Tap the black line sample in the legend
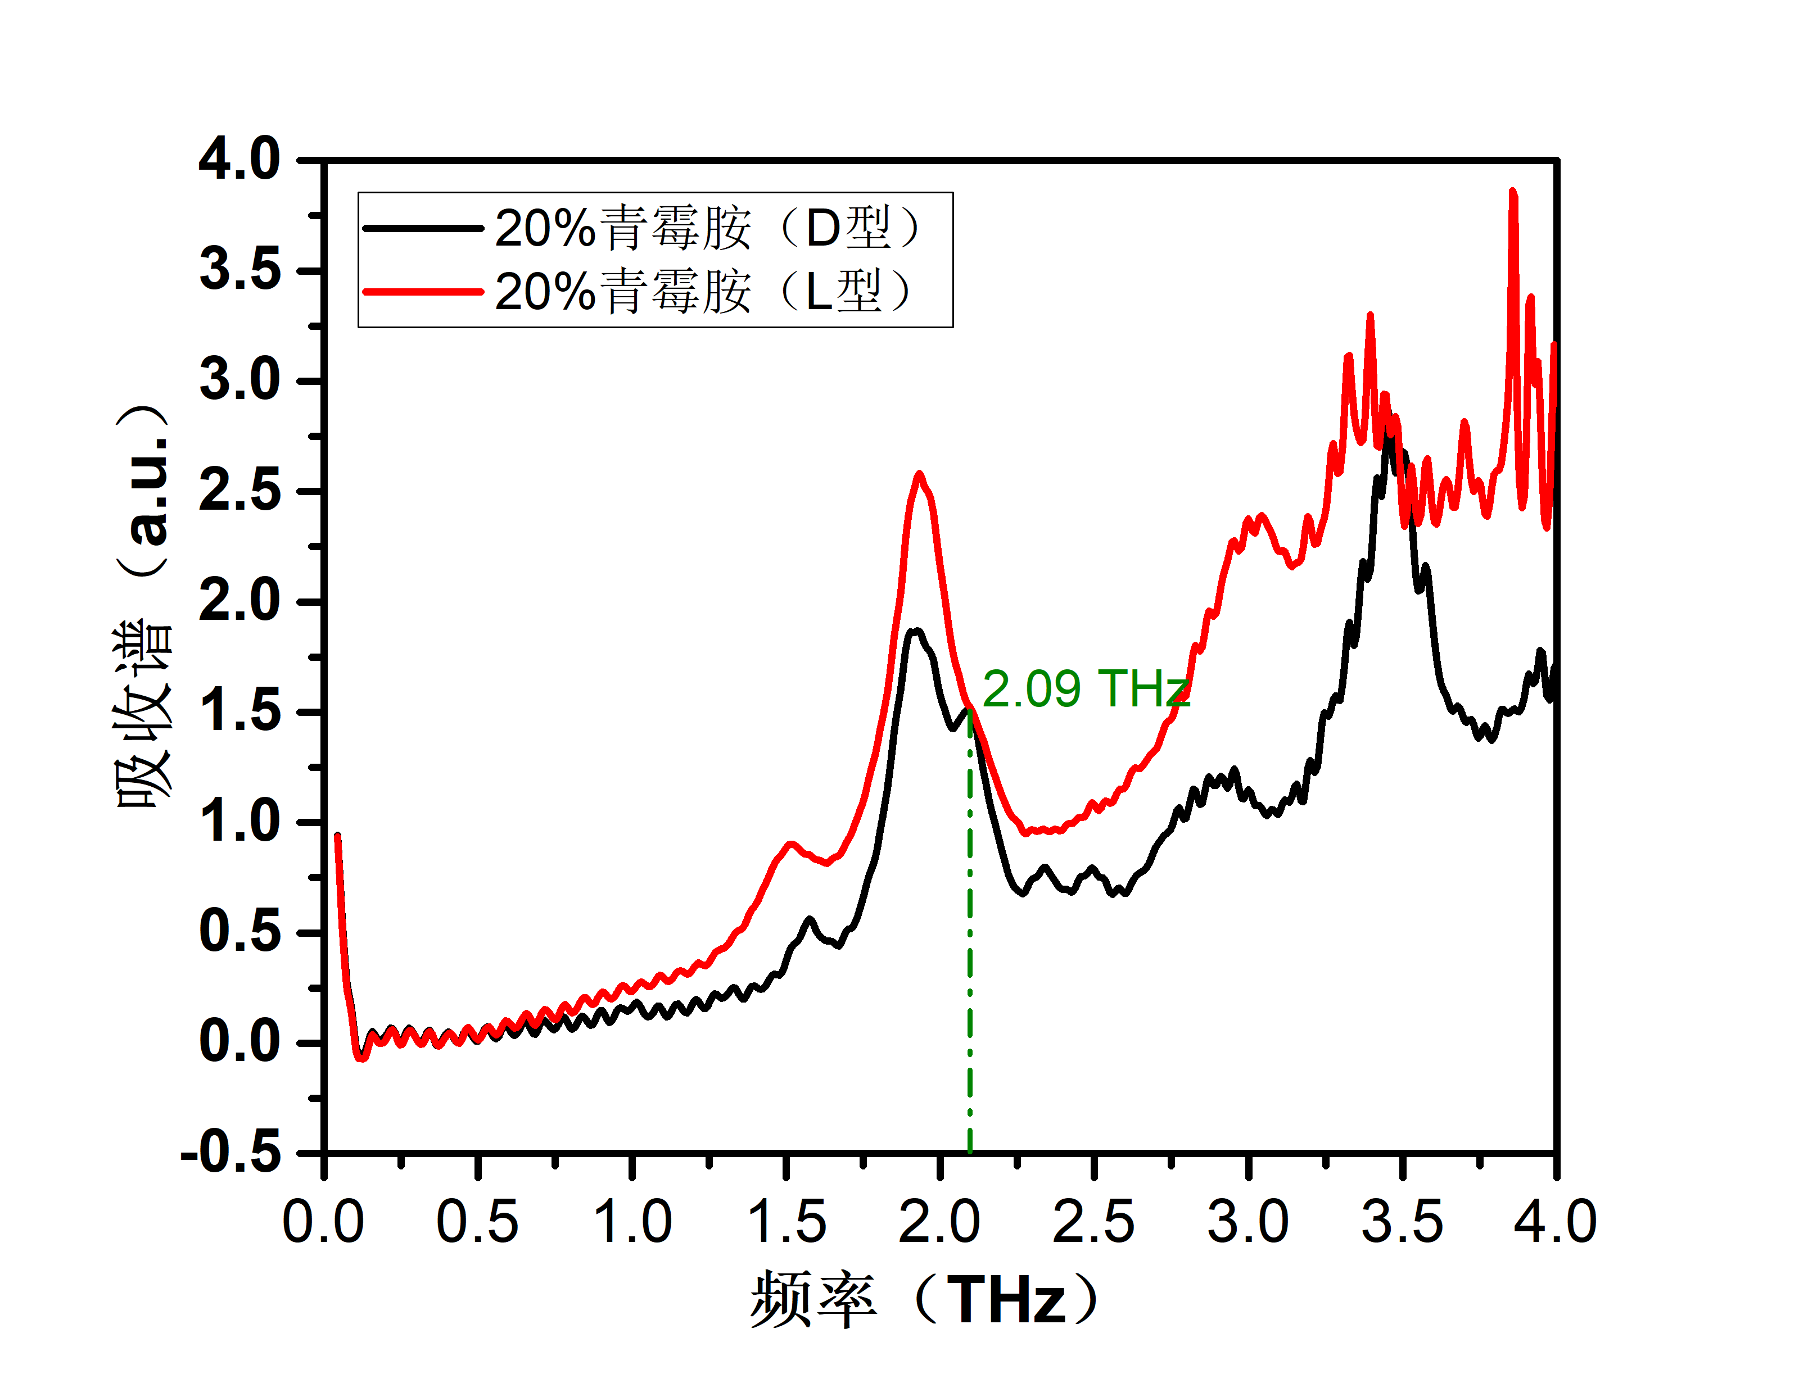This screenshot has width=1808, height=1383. pyautogui.click(x=422, y=228)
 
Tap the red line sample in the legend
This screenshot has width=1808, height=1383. pyautogui.click(x=422, y=292)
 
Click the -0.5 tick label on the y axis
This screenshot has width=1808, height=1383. pyautogui.click(x=230, y=1153)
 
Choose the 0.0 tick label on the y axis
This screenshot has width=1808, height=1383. pyautogui.click(x=239, y=1042)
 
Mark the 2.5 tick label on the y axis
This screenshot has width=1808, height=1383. pyautogui.click(x=239, y=492)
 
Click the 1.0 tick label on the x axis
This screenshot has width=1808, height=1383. pyautogui.click(x=632, y=1222)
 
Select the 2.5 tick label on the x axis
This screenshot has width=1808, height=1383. pyautogui.click(x=1094, y=1222)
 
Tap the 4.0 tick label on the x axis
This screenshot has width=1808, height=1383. pyautogui.click(x=1555, y=1222)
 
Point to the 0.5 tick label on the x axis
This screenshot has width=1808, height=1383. pyautogui.click(x=477, y=1222)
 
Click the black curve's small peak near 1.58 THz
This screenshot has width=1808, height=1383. pyautogui.click(x=810, y=919)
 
